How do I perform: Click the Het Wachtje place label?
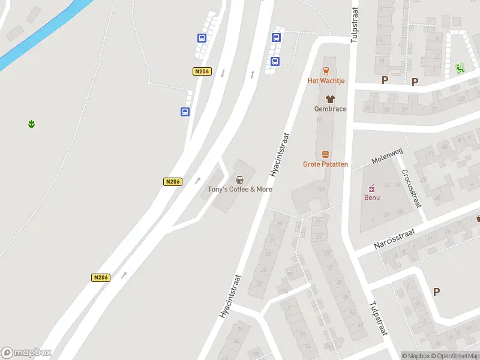[326, 80]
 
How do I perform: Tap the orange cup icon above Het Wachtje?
[326, 70]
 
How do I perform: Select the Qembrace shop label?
[330, 109]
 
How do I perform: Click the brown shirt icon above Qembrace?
[330, 99]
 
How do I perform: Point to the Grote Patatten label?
[326, 164]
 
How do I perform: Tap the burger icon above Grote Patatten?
[326, 154]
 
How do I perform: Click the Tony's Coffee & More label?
[240, 189]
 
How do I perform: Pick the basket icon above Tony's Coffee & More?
[240, 179]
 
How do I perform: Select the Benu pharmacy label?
[372, 197]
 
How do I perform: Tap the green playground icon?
[460, 68]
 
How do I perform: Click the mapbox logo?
[26, 353]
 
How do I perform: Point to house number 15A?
[321, 189]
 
